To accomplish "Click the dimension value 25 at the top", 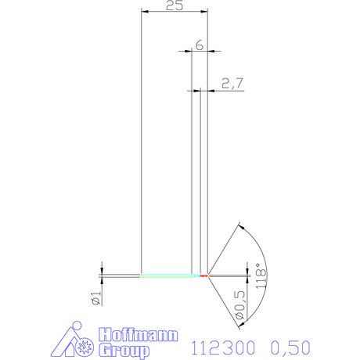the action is click(175, 5).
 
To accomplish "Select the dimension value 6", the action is click(200, 45).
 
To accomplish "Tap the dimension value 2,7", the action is click(232, 83).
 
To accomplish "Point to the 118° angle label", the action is click(261, 275).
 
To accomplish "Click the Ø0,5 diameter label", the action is click(240, 305).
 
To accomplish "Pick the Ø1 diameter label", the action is click(96, 298).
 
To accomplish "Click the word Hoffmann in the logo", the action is click(139, 335).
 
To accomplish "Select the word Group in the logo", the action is click(124, 351).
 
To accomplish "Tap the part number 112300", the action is click(223, 347).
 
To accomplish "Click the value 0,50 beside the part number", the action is click(290, 347).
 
